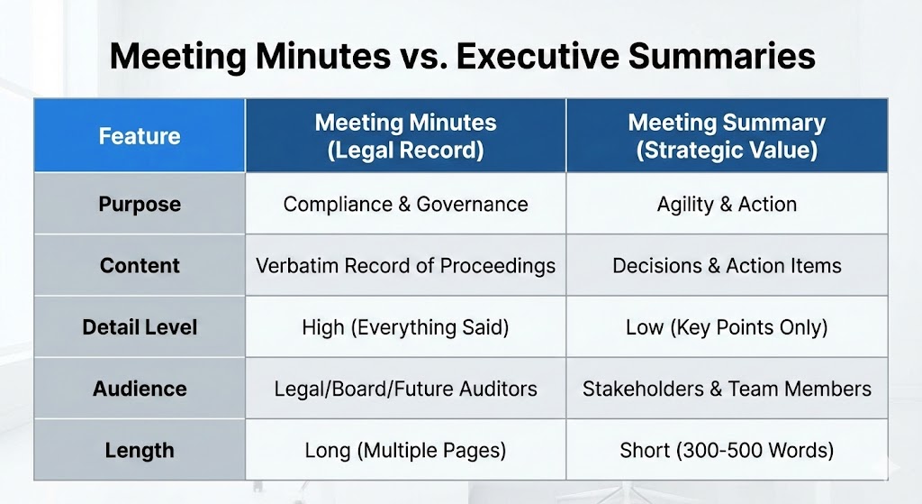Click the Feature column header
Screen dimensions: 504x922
point(140,136)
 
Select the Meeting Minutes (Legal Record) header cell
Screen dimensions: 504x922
point(405,136)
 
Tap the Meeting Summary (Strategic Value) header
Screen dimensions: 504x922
point(727,136)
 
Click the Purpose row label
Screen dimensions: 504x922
point(140,204)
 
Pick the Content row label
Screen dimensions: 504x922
point(140,265)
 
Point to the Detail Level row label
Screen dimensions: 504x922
point(140,326)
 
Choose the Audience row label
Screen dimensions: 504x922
point(140,389)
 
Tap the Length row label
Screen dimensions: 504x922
point(140,450)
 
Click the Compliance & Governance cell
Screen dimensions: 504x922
point(405,204)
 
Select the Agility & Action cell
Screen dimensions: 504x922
point(727,204)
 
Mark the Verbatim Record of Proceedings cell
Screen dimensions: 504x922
point(405,265)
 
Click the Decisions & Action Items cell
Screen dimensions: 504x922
point(727,265)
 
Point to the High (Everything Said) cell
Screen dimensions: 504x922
point(405,326)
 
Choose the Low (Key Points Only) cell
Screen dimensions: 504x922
point(727,326)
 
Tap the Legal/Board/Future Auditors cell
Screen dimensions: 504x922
point(405,389)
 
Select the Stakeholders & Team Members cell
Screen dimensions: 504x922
point(727,389)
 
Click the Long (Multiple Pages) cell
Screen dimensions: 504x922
point(405,450)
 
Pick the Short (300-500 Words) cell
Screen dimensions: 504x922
point(727,450)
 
